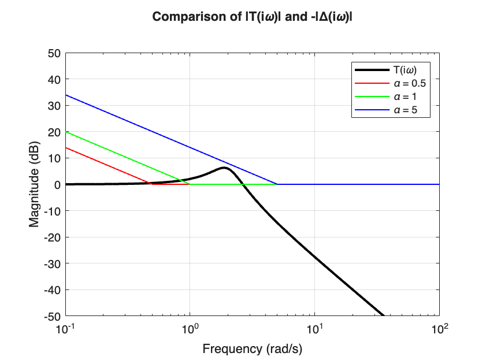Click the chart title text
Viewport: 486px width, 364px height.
253,17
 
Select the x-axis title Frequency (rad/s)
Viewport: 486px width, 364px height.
253,349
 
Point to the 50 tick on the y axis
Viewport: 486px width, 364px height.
54,53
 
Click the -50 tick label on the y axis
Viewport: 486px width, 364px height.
51,317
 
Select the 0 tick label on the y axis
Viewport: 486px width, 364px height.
57,185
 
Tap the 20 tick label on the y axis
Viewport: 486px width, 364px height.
54,132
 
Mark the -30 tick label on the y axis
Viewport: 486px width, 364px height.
51,264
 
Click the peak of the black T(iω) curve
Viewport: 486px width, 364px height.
224,168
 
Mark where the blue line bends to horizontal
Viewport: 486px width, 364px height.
277,184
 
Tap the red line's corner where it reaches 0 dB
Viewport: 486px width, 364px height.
152,184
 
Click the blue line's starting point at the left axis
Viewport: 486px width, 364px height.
66,95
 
